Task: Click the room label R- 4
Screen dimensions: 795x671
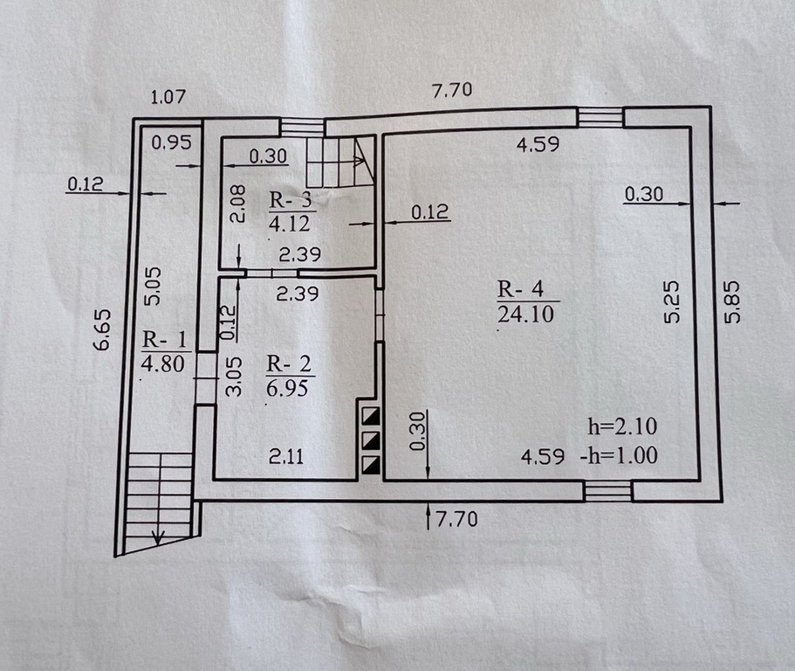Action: click(520, 289)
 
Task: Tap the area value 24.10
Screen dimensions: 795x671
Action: click(525, 315)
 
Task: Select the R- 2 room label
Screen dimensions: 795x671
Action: click(289, 364)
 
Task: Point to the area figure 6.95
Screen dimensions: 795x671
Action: click(287, 388)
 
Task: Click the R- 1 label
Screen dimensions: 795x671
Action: click(164, 339)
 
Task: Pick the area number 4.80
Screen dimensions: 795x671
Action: click(162, 363)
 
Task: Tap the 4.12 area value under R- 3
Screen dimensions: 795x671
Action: click(290, 224)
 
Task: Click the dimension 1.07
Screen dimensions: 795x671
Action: click(168, 96)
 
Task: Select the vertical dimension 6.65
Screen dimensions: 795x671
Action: click(102, 330)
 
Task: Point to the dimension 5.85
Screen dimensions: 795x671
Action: click(733, 302)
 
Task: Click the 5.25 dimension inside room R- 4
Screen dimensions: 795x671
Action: click(672, 302)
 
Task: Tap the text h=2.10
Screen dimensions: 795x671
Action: click(622, 426)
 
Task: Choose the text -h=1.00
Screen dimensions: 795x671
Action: click(620, 455)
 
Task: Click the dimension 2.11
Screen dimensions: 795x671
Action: click(286, 457)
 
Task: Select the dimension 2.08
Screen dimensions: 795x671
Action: click(237, 203)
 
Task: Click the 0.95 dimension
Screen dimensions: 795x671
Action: click(172, 142)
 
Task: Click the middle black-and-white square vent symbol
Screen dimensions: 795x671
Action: click(370, 439)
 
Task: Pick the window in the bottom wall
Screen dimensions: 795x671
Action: click(607, 491)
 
